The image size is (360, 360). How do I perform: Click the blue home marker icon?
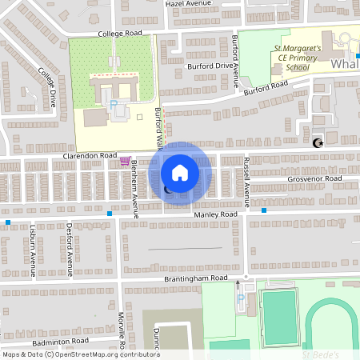[x=180, y=172]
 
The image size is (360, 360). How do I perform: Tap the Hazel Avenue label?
[x=187, y=4]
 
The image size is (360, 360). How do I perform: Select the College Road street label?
[x=120, y=34]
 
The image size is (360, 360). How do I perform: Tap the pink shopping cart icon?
[x=124, y=161]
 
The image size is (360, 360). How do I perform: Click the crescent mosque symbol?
[x=318, y=142]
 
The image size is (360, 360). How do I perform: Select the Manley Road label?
[x=215, y=215]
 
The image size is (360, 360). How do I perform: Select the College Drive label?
[x=48, y=87]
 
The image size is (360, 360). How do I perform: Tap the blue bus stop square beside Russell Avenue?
[x=263, y=210]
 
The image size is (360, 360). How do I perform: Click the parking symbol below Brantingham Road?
[x=241, y=300]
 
